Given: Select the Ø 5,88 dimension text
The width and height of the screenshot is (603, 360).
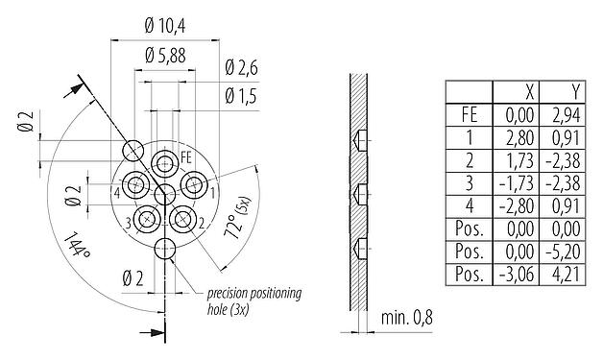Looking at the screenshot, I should [165, 56].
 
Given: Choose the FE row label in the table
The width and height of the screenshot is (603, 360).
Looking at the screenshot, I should [470, 113].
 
